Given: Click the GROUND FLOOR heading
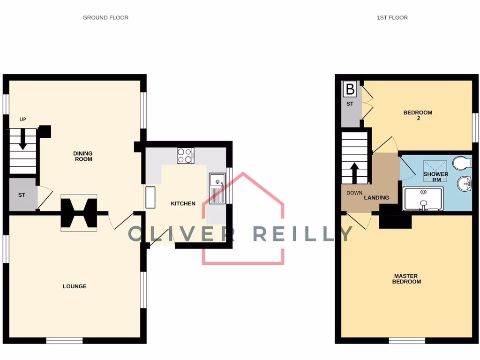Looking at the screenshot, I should coord(105,18).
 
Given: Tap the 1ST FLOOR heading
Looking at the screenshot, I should coord(392,18).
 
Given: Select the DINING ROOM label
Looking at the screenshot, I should coord(82,156).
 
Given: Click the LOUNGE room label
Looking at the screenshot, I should coord(75,286).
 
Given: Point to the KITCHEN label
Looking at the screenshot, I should coord(183,203).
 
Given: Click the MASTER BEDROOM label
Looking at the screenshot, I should coord(407,279).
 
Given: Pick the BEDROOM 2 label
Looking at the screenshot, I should coord(418,115).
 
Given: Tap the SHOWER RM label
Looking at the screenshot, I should coord(436,177).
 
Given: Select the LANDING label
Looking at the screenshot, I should coord(377,198).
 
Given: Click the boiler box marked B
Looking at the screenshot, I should coord(350,88).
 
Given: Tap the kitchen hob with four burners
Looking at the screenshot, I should coord(186,156).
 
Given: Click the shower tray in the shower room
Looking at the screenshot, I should coord(423,199).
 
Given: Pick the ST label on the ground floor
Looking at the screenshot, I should coord(22,194).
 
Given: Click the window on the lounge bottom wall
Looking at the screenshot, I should coord(65,341).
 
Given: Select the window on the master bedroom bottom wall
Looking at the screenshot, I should coord(407,341).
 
